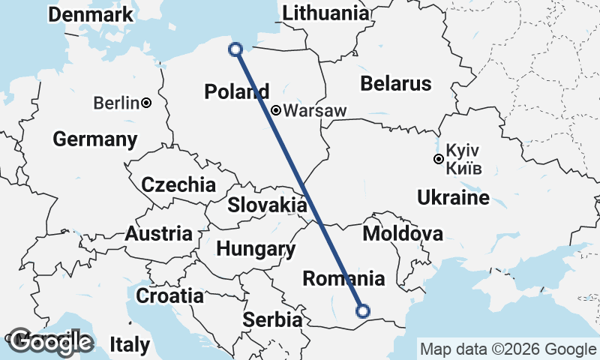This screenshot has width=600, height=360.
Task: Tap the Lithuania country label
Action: coord(326,13)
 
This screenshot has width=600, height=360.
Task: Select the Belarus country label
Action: coord(396,83)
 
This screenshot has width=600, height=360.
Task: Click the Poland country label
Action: coord(236,92)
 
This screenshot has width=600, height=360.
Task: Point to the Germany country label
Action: coord(95,139)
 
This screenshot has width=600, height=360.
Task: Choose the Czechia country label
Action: coord(178,184)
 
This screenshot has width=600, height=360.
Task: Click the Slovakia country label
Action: coord(267,205)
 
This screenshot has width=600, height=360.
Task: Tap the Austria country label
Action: coord(158,233)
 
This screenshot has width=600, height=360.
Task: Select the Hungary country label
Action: coord(255,249)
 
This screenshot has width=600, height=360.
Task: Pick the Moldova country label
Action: coord(402,234)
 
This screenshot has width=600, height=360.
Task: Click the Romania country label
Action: coord(343,279)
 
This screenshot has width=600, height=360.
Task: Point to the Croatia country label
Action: coord(169,295)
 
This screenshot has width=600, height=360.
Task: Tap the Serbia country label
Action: coord(272,319)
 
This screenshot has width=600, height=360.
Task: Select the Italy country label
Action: coord(130,345)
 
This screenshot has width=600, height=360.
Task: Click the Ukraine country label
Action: coord(453,198)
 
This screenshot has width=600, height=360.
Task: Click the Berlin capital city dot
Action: coord(146,103)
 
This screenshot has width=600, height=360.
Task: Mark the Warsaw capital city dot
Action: coord(276,110)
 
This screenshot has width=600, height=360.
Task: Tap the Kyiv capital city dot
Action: coord(438,158)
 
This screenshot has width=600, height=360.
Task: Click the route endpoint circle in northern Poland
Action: coord(235,49)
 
